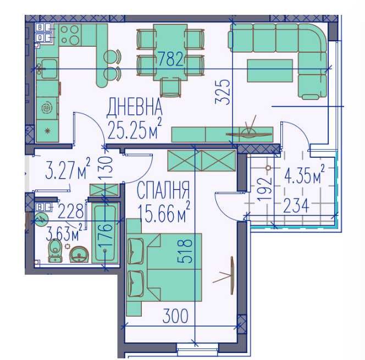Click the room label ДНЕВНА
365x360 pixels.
click(135, 106)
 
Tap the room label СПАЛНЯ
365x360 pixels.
click(163, 192)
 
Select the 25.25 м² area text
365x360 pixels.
click(134, 129)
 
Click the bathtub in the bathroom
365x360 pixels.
click(104, 233)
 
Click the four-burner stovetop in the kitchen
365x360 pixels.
click(70, 35)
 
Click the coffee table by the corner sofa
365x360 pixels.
click(269, 70)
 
